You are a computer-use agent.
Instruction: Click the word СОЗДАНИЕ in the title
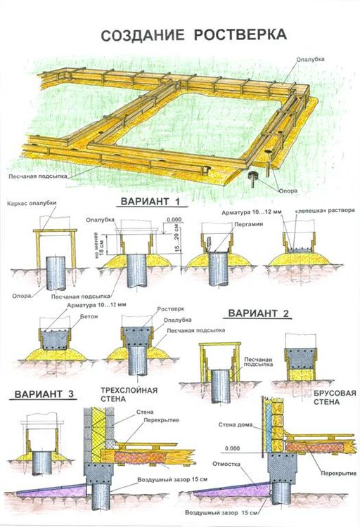click(x=143, y=35)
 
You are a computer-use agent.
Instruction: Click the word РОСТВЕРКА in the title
click(x=240, y=34)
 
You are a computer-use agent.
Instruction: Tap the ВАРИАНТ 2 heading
click(x=258, y=313)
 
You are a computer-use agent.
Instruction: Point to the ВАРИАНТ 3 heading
click(x=44, y=394)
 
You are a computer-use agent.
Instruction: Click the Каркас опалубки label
click(x=32, y=203)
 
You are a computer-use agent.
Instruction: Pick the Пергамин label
click(x=249, y=224)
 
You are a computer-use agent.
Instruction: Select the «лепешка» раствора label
click(x=325, y=210)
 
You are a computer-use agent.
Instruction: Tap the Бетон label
click(x=89, y=317)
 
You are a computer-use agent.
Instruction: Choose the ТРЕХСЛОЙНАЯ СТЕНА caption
click(x=129, y=395)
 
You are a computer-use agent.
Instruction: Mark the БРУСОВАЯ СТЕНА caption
click(x=335, y=398)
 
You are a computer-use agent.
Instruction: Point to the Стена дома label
click(x=235, y=425)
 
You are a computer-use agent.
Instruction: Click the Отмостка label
click(x=226, y=464)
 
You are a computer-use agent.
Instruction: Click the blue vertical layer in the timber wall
click(x=269, y=427)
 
